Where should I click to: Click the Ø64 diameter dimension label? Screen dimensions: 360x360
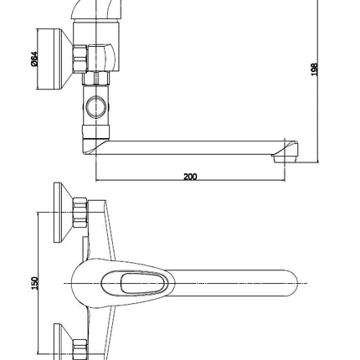coord(34,59)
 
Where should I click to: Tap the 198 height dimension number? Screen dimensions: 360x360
coord(314,69)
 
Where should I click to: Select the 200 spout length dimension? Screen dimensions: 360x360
coord(190,177)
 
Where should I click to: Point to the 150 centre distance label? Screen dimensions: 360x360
coord(34,283)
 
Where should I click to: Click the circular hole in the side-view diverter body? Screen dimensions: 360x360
coord(96,107)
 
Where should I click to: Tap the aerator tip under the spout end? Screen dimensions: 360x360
coord(284,159)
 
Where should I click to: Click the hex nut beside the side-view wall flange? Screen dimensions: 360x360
coord(80,59)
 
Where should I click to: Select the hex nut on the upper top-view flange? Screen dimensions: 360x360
coord(80,212)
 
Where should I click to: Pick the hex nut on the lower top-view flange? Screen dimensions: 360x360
coord(80,349)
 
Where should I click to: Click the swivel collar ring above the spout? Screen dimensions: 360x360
coord(96,131)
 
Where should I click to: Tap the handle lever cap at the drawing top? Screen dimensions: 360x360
coord(96,9)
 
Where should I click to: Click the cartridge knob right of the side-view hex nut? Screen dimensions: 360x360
coord(101,59)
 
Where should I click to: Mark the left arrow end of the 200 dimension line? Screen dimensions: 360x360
coord(96,181)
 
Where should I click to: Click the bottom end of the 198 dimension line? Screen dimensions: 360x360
coord(318,162)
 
